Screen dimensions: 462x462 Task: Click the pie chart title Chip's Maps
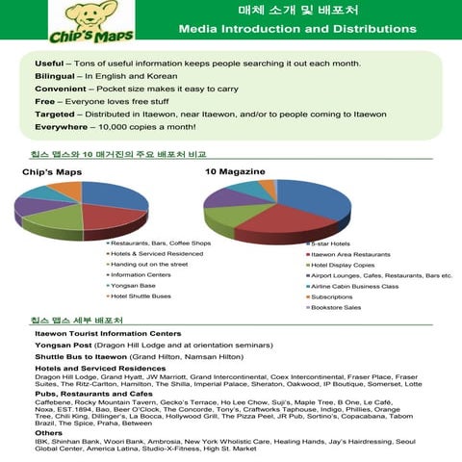[x=51, y=171]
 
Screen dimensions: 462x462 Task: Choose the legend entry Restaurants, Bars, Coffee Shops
[x=160, y=244]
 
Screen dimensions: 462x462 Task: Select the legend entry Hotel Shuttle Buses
[x=143, y=295]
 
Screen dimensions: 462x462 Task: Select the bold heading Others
[x=48, y=433]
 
